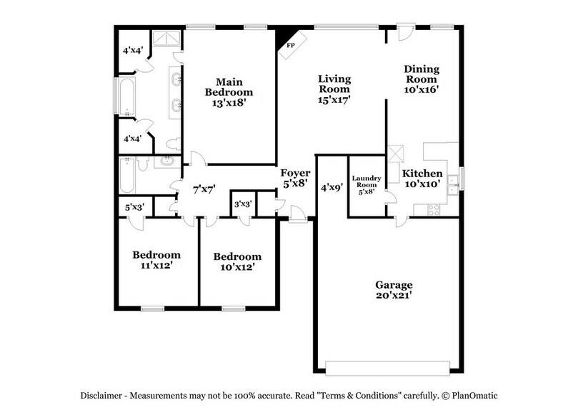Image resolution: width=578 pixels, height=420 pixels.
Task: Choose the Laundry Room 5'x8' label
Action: [x=366, y=184]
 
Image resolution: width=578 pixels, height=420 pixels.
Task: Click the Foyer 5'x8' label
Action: [x=294, y=177]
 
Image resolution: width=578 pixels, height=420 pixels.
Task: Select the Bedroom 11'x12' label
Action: [x=156, y=260]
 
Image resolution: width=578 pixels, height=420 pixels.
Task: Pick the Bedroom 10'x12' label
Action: [x=236, y=261]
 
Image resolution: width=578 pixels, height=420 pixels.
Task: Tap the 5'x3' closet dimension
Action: [x=134, y=208]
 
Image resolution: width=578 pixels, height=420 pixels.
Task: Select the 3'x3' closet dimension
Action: [x=243, y=204]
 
